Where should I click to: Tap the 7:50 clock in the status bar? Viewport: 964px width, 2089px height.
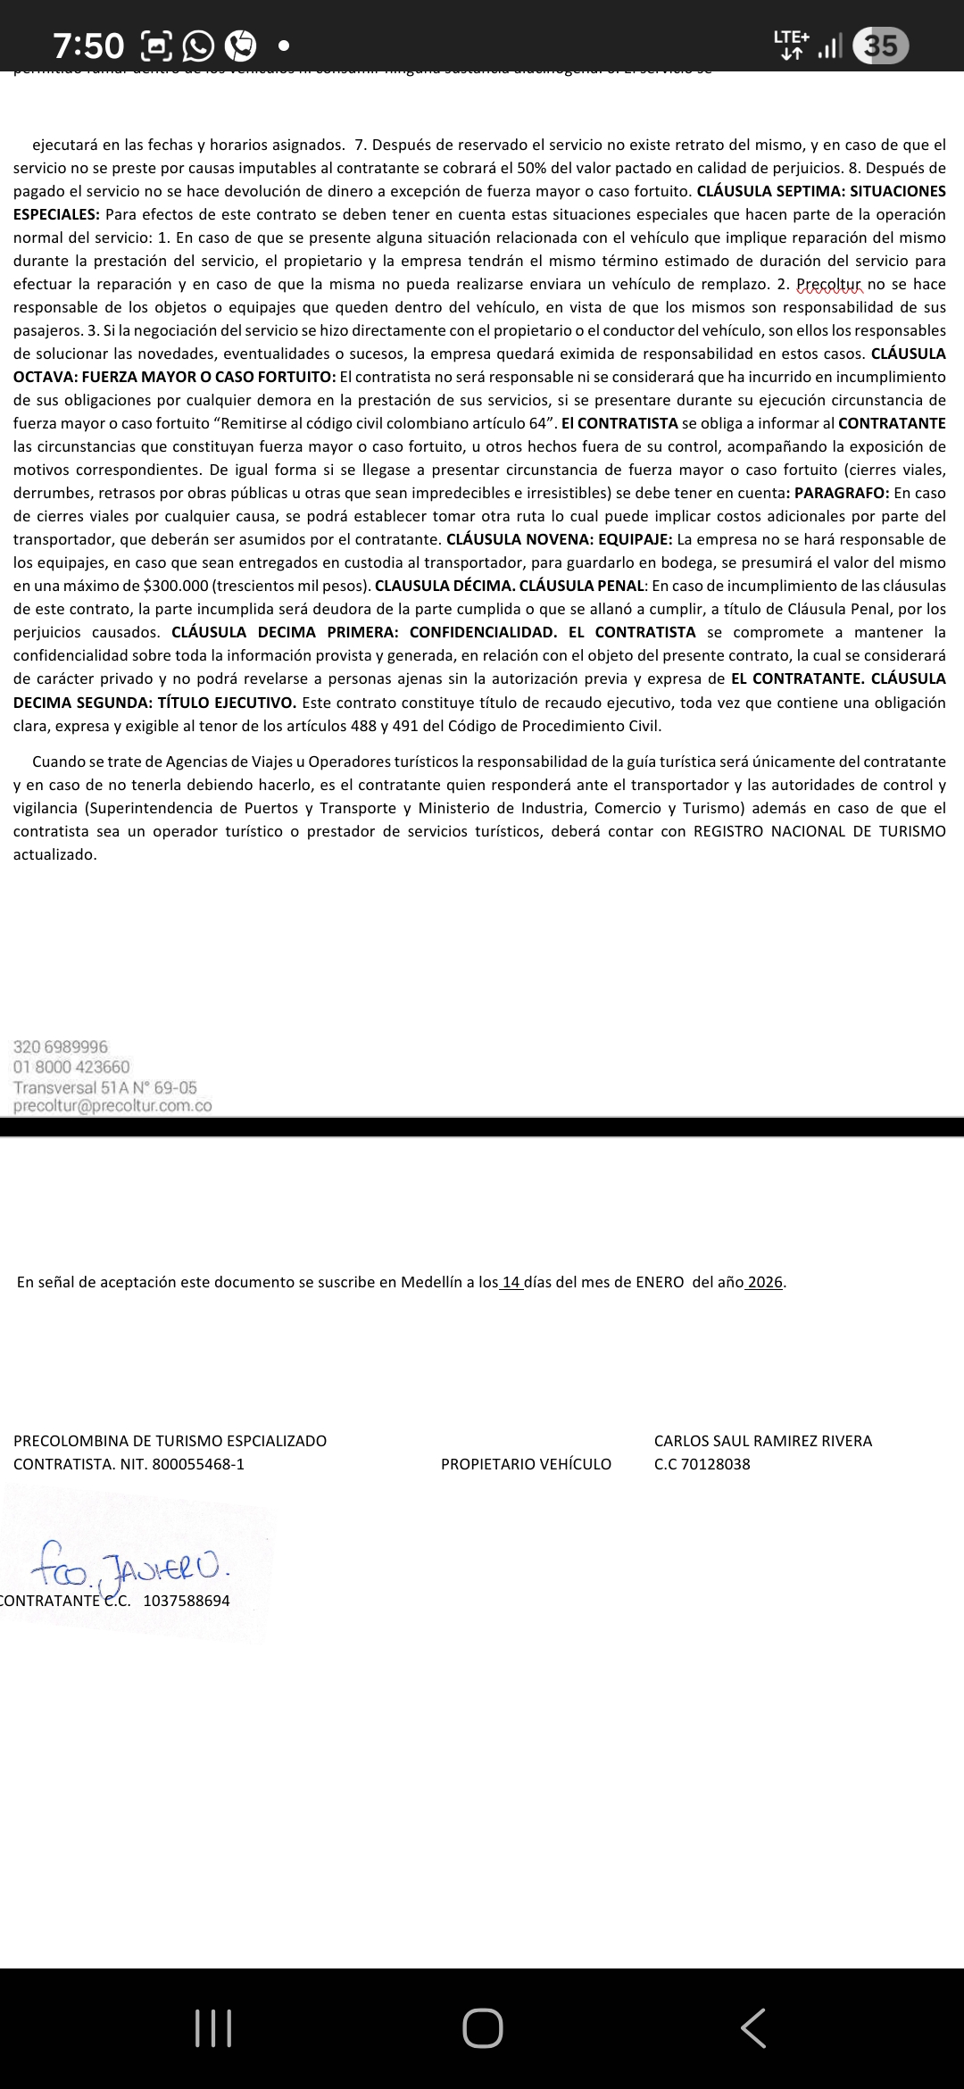(x=88, y=45)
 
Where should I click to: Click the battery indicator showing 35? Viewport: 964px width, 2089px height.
(x=880, y=45)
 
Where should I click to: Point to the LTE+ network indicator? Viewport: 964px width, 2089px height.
(x=791, y=45)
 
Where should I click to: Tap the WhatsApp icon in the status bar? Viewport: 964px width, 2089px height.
(x=198, y=45)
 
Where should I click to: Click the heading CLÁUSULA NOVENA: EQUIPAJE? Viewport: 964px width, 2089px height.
(x=560, y=539)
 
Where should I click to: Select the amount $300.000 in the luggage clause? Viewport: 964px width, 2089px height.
(x=176, y=586)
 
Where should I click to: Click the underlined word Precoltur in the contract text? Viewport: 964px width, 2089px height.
(x=829, y=284)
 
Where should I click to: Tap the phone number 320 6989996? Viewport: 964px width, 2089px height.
(x=61, y=1046)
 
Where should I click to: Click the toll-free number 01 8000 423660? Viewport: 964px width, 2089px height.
(x=71, y=1067)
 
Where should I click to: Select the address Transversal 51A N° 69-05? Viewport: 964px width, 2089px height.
(x=105, y=1087)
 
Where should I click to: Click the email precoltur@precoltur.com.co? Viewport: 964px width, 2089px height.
(x=112, y=1106)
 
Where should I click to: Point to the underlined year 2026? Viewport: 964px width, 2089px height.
(x=765, y=1282)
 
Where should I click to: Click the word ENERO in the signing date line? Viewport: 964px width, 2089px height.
(x=660, y=1282)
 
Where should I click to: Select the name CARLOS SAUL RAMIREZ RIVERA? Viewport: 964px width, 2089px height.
(x=762, y=1441)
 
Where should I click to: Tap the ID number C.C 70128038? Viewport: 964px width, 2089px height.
(x=702, y=1464)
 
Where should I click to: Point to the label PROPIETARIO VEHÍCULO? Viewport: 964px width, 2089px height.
(x=526, y=1464)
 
